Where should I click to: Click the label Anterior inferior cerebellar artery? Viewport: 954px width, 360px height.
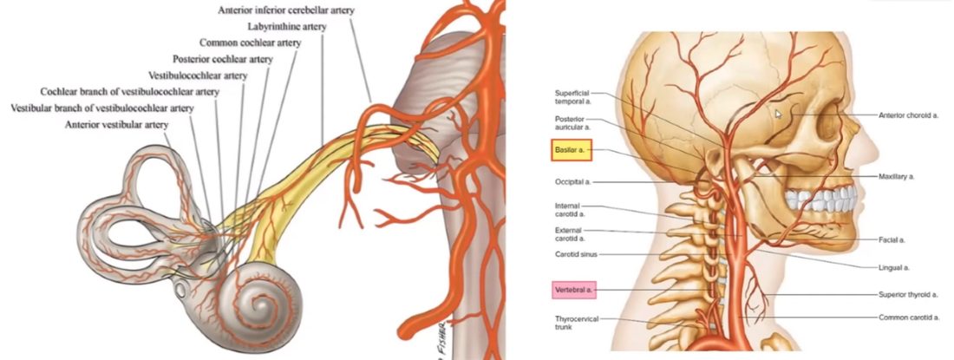pos(286,10)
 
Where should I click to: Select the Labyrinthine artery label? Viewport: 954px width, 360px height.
pos(287,27)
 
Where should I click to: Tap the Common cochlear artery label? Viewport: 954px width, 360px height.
pos(250,43)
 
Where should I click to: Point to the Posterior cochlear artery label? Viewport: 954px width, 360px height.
pos(223,59)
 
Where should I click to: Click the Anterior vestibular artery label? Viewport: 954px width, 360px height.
pos(117,125)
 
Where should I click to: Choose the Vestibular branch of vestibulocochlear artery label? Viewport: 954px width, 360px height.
pos(102,108)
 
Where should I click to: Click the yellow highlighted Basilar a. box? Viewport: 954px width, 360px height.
pos(571,149)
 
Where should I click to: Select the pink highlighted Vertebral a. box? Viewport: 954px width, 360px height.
pos(574,290)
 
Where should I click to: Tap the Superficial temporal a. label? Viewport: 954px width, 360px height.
pos(572,97)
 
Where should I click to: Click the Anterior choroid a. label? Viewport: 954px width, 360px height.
pos(908,115)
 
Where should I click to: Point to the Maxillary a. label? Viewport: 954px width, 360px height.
pos(897,176)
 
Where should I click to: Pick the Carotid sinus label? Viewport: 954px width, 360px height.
pos(576,254)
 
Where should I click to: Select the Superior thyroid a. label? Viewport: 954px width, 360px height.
pos(907,295)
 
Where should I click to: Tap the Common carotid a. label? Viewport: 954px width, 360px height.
pos(908,317)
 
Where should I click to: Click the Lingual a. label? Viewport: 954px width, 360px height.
pos(894,267)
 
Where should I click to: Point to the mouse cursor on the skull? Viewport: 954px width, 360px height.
pos(778,114)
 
